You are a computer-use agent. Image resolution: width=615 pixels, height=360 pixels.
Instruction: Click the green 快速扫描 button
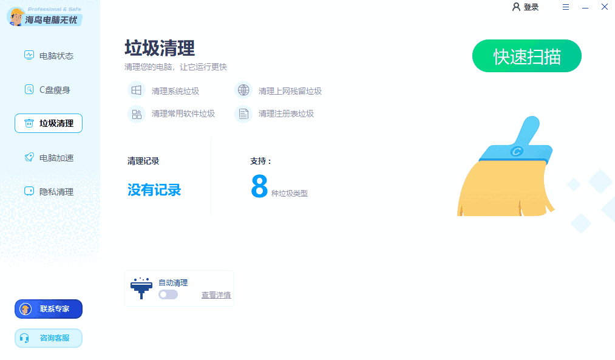526,56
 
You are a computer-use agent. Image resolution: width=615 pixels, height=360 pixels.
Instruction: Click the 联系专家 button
49,309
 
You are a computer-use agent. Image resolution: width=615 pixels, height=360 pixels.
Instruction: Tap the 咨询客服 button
49,338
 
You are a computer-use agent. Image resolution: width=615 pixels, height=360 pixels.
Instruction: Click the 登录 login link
526,7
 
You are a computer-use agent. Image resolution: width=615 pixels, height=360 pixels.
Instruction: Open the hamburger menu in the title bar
566,7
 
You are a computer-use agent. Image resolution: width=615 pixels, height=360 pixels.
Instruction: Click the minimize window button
585,7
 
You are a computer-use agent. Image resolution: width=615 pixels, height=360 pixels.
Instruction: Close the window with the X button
605,7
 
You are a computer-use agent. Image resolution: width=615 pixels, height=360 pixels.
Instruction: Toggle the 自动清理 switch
168,294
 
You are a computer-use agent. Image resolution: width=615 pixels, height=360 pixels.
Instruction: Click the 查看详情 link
216,295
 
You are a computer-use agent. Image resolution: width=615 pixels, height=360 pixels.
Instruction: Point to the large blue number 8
259,187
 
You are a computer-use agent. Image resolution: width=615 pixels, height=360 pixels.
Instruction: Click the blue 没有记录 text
154,190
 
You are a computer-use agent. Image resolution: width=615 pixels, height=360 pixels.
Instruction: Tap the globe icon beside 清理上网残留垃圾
243,90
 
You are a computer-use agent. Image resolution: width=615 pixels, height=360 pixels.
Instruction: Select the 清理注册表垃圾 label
286,114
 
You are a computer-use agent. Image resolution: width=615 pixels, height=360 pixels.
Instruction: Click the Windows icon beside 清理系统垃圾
137,90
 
